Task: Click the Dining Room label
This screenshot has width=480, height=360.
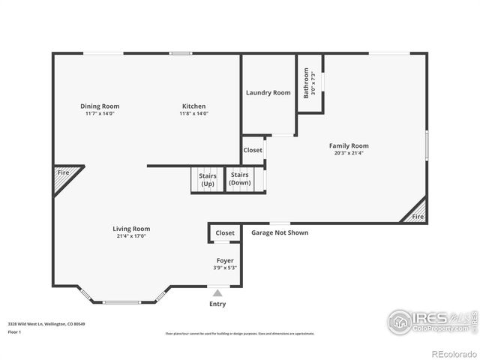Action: (x=100, y=106)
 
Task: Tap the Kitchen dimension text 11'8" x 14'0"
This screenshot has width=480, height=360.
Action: (x=193, y=114)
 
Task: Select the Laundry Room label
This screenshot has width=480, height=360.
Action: (x=268, y=93)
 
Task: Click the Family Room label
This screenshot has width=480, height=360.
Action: (x=349, y=145)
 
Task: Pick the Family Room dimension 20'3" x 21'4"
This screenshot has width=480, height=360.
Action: (x=349, y=153)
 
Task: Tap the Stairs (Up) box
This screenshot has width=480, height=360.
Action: (x=207, y=180)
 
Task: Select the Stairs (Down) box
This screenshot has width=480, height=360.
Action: (x=240, y=180)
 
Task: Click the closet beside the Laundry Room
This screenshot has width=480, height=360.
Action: (x=253, y=150)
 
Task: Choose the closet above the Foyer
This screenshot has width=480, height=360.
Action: (x=225, y=233)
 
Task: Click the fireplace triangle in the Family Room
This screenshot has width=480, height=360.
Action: (x=417, y=213)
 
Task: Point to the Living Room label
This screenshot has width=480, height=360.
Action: (x=131, y=229)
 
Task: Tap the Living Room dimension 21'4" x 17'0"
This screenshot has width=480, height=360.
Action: (x=131, y=236)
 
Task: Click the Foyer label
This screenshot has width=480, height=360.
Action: (x=225, y=260)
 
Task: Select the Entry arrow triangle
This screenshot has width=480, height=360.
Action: (x=217, y=293)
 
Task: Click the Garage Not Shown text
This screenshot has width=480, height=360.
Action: (x=279, y=232)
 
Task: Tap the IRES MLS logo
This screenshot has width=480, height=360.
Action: (x=429, y=322)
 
